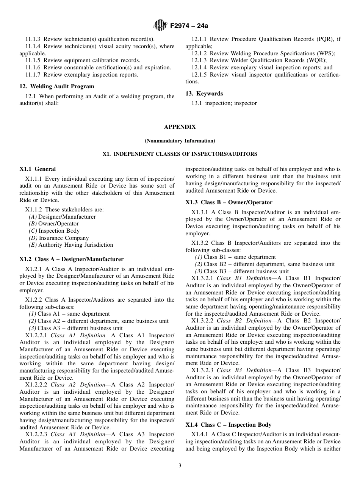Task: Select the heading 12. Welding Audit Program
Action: coord(56,86)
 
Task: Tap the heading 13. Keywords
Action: coord(204,94)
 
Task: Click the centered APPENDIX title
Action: coord(180,127)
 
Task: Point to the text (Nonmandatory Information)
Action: coord(180,141)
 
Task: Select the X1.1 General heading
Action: coord(38,169)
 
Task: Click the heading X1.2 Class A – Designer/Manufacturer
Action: coord(71,260)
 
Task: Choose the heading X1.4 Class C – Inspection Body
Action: coord(228,425)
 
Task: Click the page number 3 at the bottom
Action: coord(180,466)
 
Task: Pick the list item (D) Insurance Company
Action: coord(59,238)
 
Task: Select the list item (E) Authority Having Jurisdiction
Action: coord(71,245)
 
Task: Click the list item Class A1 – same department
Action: coord(69,314)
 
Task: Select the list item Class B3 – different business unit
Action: coord(242,271)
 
